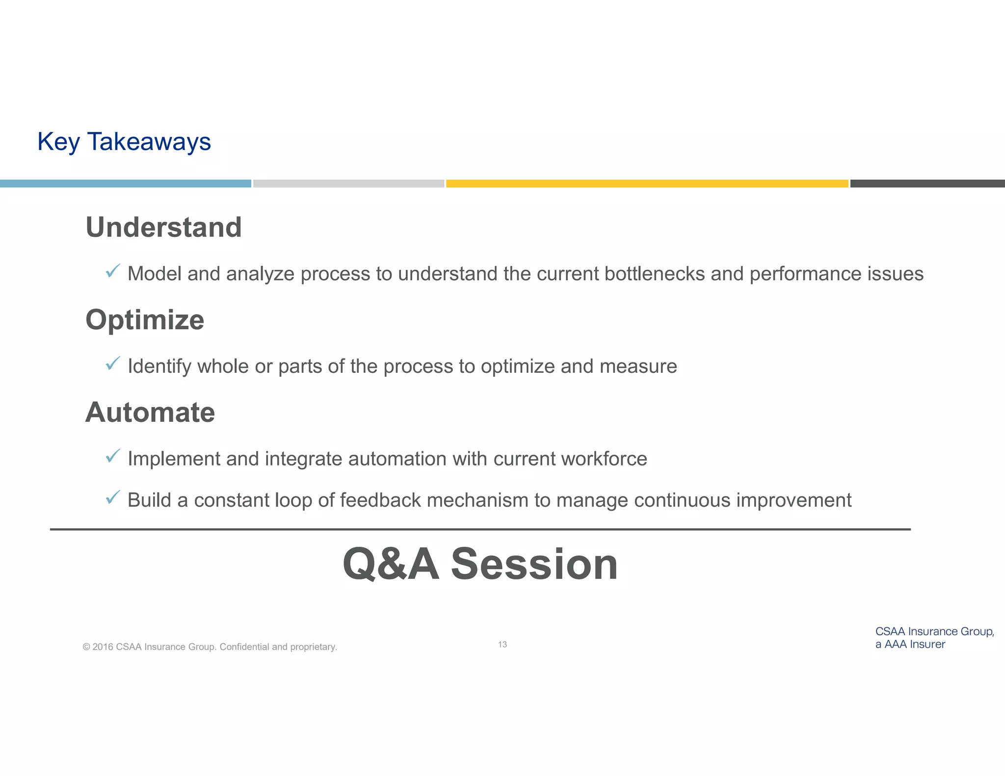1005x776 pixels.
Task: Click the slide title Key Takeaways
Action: (x=124, y=142)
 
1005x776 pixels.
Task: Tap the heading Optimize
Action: (x=145, y=320)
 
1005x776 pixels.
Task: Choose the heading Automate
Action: (x=150, y=412)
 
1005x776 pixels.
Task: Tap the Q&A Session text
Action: (x=480, y=564)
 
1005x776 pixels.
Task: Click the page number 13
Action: (x=502, y=645)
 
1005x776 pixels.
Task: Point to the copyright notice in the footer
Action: (x=210, y=647)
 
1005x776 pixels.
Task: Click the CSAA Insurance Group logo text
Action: (x=934, y=638)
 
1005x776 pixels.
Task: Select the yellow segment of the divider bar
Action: (x=647, y=183)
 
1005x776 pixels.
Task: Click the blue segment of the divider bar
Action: (x=125, y=183)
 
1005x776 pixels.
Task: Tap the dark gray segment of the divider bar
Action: (x=927, y=183)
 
